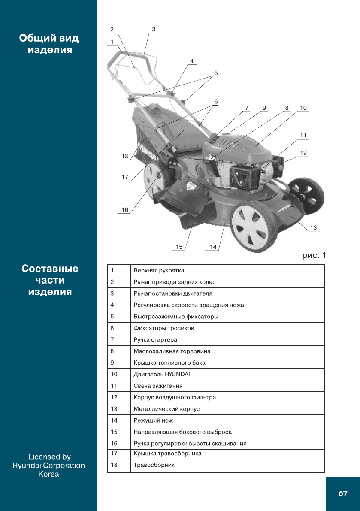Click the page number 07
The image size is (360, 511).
[343, 494]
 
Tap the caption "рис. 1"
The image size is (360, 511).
[315, 256]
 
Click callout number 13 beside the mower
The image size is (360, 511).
[313, 228]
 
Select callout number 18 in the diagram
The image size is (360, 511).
[125, 157]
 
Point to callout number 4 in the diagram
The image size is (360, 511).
[192, 61]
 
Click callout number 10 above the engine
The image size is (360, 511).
[303, 108]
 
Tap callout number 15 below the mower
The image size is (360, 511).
[179, 247]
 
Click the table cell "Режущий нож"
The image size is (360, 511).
[153, 420]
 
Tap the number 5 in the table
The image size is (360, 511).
[112, 317]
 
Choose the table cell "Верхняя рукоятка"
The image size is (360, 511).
[159, 270]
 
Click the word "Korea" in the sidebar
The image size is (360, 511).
[48, 474]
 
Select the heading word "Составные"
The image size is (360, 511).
[50, 269]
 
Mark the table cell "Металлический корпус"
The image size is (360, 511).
[166, 409]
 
